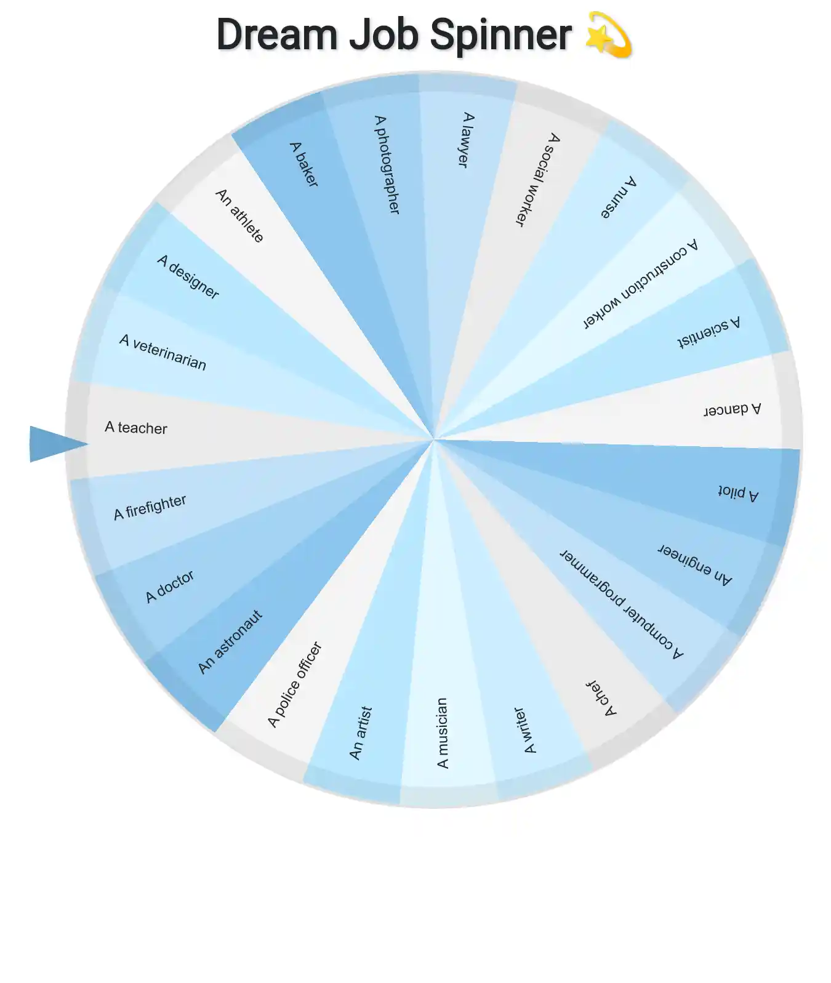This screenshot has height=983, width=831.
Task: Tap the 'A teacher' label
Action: [136, 427]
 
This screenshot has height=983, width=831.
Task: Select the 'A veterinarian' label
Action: [163, 352]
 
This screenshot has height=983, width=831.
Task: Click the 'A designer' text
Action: [188, 277]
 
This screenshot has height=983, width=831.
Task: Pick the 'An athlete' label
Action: [239, 215]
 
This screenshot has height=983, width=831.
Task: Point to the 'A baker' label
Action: [304, 164]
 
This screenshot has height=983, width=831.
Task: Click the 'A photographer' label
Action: [387, 164]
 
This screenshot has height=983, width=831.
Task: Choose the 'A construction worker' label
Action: [640, 284]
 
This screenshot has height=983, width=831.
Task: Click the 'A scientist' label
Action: [709, 332]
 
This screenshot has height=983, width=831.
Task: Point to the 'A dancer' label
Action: [733, 409]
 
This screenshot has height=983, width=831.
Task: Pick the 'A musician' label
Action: [442, 733]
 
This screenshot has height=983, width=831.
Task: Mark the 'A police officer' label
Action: [295, 684]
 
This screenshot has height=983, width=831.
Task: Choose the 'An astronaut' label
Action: [230, 642]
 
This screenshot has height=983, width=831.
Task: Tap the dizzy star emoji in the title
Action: [608, 34]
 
